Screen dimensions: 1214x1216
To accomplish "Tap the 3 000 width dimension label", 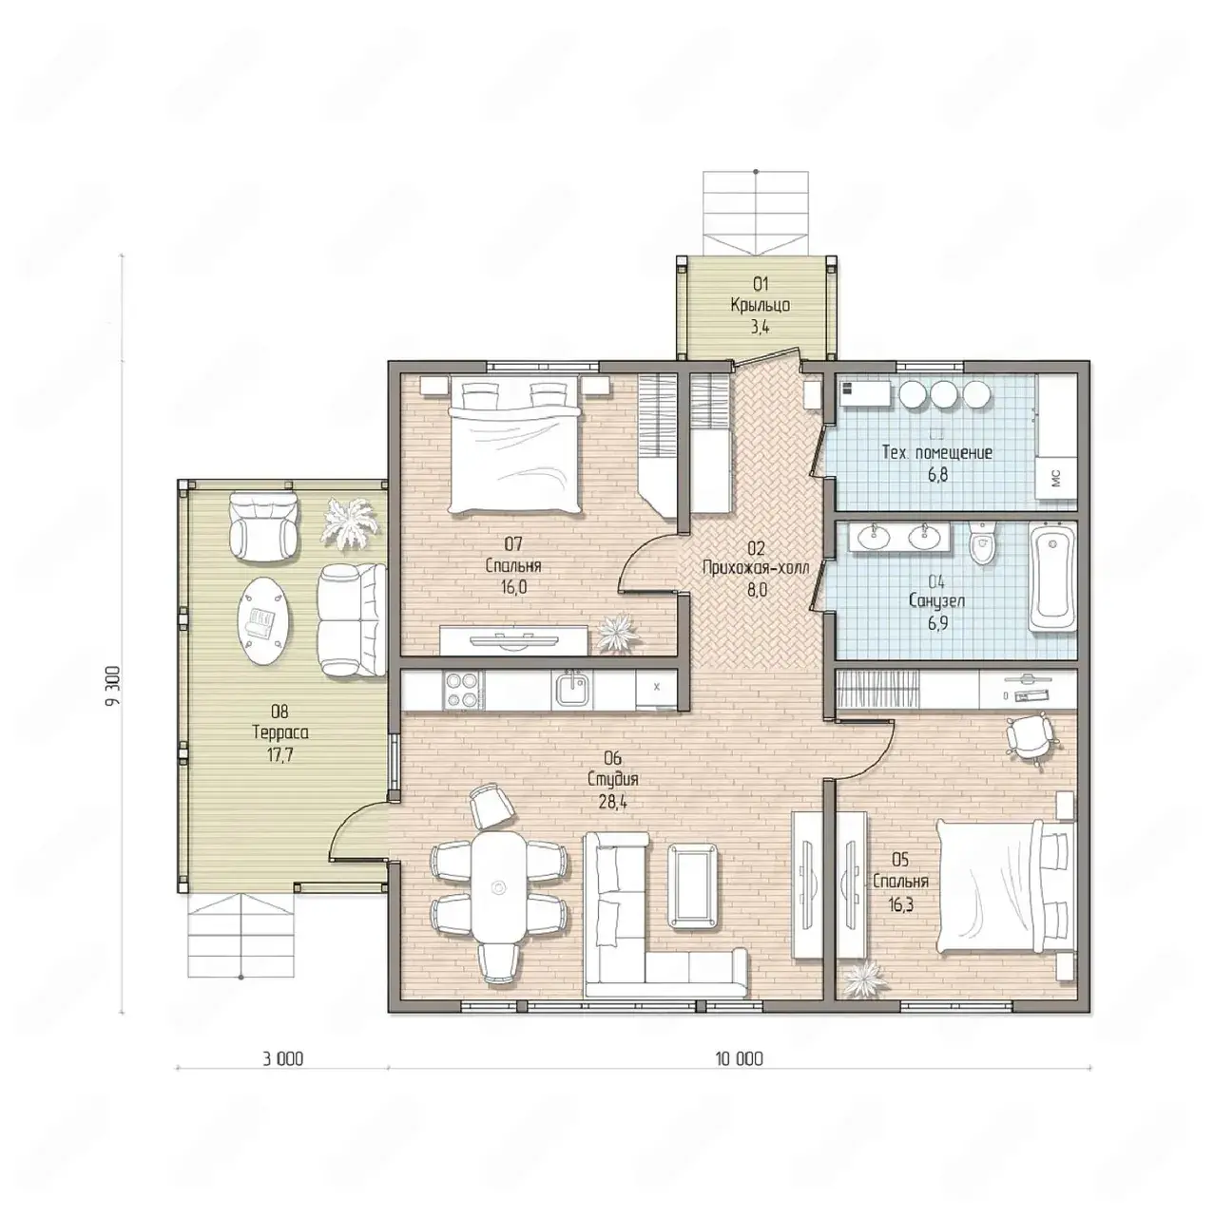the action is pos(282,1058).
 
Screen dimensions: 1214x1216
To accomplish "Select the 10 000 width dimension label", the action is pos(739,1058).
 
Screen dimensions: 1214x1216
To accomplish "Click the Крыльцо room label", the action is pos(761,305).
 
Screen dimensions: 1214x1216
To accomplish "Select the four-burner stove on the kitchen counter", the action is pos(463,689).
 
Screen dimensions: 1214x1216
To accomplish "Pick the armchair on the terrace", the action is pos(262,525).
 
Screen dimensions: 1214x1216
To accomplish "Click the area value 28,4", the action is pos(613,803).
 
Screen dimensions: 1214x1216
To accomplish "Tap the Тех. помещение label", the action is pos(937,452).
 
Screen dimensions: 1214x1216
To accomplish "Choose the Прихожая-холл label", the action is pos(756,568).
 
